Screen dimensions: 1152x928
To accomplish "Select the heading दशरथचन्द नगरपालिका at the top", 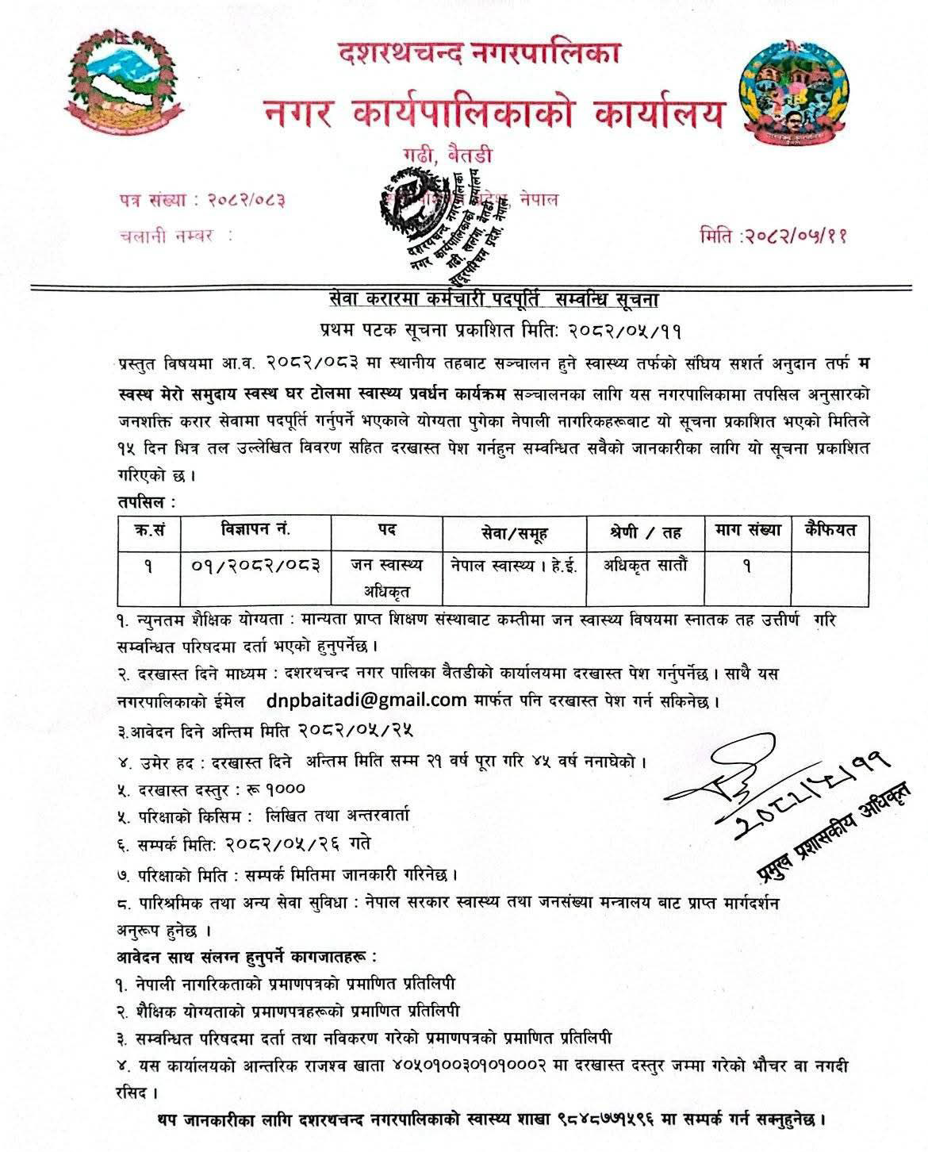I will [477, 53].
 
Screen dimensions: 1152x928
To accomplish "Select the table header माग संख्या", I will [746, 530].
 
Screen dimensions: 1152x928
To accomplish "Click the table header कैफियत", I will [829, 530].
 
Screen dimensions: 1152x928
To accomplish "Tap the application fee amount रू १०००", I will [277, 789].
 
